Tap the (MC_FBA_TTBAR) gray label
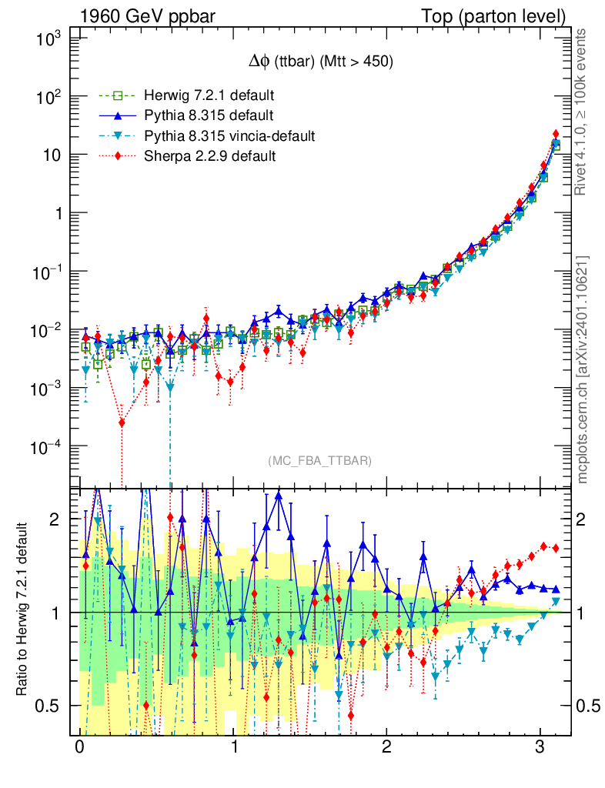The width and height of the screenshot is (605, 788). pos(319,461)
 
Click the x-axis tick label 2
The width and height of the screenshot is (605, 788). pos(386,748)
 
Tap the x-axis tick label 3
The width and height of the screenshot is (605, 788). pos(540,748)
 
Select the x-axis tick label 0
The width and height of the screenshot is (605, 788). pos(79,748)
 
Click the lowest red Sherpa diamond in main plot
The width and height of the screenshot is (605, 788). pos(122,422)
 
